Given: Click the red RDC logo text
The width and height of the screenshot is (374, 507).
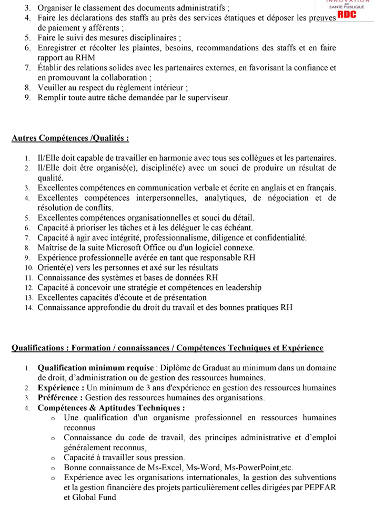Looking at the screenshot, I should [x=347, y=15].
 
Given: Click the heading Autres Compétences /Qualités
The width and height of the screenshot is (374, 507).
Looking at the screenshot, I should [x=70, y=139].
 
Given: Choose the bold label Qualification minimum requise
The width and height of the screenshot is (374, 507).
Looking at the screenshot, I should [x=96, y=368].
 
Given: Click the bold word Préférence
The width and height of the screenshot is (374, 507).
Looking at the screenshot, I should [x=60, y=398].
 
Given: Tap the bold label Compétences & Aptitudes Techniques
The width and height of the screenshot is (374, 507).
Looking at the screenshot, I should [x=111, y=408].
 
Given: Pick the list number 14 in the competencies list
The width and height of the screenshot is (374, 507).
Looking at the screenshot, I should [x=28, y=308].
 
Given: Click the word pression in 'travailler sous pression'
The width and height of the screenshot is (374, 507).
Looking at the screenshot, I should [x=168, y=457].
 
